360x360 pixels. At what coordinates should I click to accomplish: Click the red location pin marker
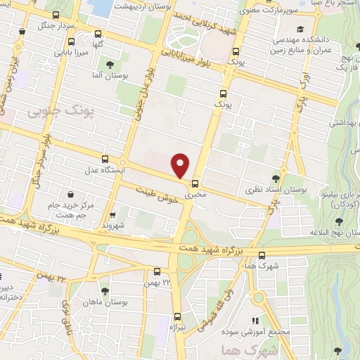[181, 166]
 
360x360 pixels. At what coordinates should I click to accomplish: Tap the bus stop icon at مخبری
[194, 181]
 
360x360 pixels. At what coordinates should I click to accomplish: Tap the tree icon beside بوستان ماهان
[105, 290]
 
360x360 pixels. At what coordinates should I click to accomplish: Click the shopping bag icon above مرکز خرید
[70, 194]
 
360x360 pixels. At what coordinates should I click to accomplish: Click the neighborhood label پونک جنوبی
[56, 112]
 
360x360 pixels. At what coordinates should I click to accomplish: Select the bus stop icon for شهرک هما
[262, 255]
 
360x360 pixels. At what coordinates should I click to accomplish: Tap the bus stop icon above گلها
[97, 33]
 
